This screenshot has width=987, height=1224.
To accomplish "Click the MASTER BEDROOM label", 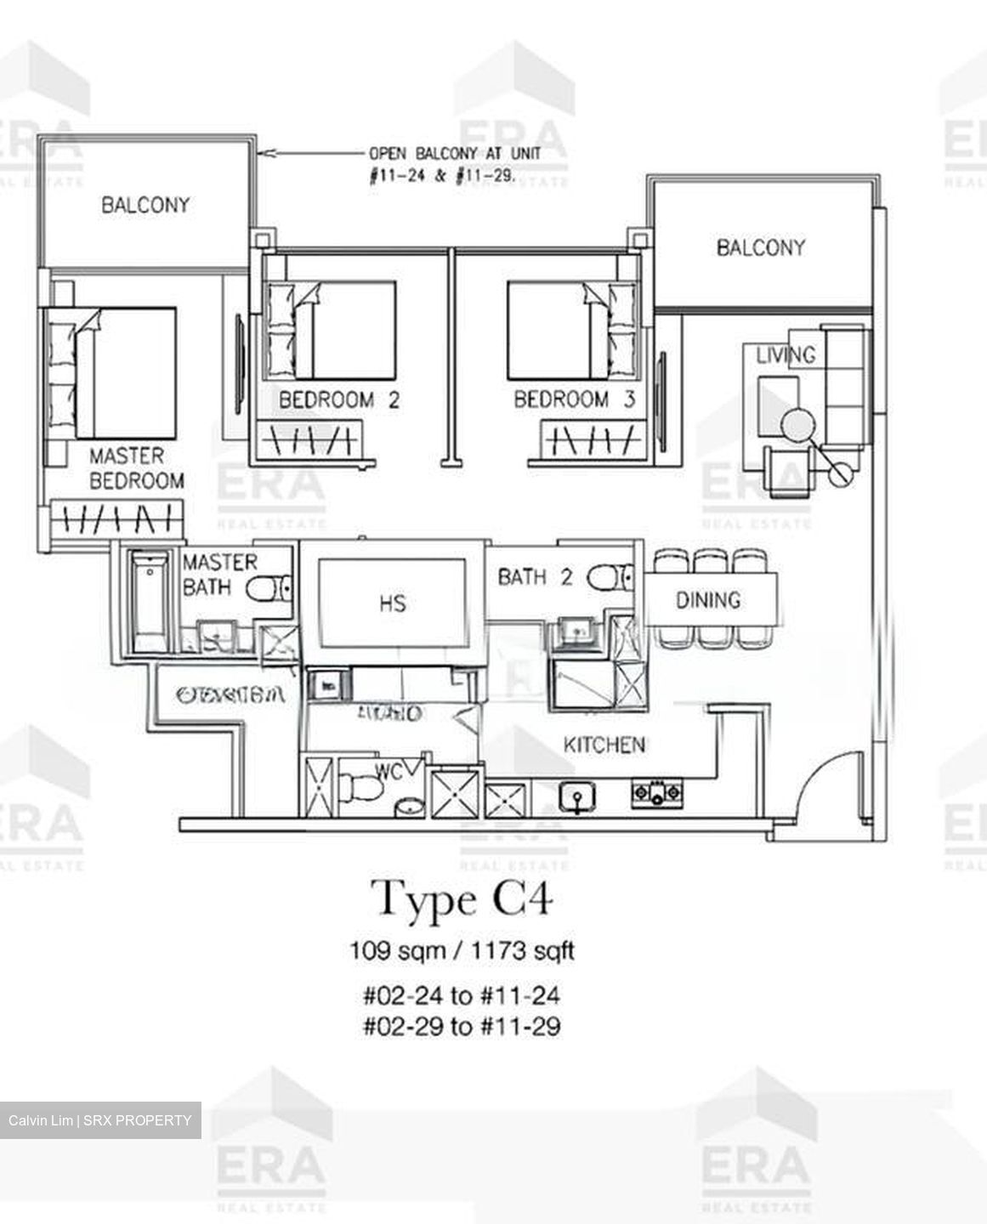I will (x=136, y=468).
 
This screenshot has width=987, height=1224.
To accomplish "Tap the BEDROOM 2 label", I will (x=338, y=399).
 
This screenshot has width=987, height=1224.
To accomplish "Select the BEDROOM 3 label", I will (x=574, y=399).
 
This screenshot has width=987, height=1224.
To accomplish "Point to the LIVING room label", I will (x=786, y=355).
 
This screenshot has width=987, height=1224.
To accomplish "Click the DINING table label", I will (x=708, y=600).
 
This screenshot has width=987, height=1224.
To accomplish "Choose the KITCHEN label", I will (x=604, y=745).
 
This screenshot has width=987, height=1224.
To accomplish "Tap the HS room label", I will (x=392, y=604).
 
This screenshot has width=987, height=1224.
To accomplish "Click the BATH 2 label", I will (x=535, y=577).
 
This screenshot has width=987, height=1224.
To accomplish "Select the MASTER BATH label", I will (x=218, y=574).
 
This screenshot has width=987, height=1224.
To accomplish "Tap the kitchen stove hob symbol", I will (x=655, y=794).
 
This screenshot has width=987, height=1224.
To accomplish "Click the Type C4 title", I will (x=462, y=899).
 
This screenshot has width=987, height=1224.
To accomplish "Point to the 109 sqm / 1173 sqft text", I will (x=462, y=950).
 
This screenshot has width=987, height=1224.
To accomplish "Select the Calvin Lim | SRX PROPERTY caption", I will (x=100, y=1120).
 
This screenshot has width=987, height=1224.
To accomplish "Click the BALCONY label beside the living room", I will (x=760, y=247).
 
